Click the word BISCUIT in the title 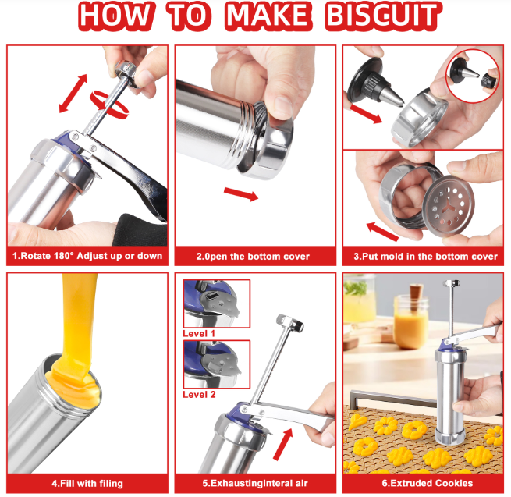pyautogui.click(x=384, y=16)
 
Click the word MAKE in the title pyautogui.click(x=268, y=16)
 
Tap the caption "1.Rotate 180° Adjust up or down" pyautogui.click(x=87, y=256)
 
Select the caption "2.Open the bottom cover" pyautogui.click(x=253, y=257)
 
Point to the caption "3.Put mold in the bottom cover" pyautogui.click(x=425, y=257)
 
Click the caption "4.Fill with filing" pyautogui.click(x=87, y=483)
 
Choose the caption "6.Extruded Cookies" pyautogui.click(x=428, y=483)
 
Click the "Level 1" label pyautogui.click(x=199, y=333)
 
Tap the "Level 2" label pyautogui.click(x=199, y=394)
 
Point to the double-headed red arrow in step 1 pyautogui.click(x=73, y=94)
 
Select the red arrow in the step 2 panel pyautogui.click(x=241, y=194)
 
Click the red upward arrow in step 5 pyautogui.click(x=282, y=445)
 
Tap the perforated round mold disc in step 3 pyautogui.click(x=449, y=206)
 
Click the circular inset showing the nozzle pyautogui.click(x=472, y=76)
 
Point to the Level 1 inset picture pyautogui.click(x=217, y=304)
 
